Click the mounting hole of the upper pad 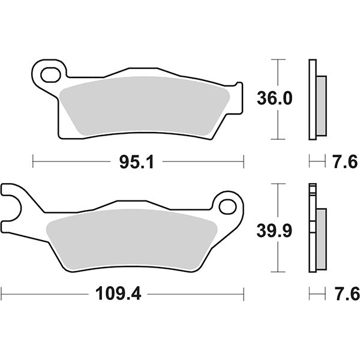(x=49, y=74)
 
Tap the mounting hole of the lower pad (x=227, y=207)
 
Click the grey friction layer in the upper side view (x=322, y=104)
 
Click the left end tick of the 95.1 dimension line (x=33, y=161)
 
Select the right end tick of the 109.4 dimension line (x=244, y=294)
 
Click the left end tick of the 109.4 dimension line (x=2, y=294)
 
